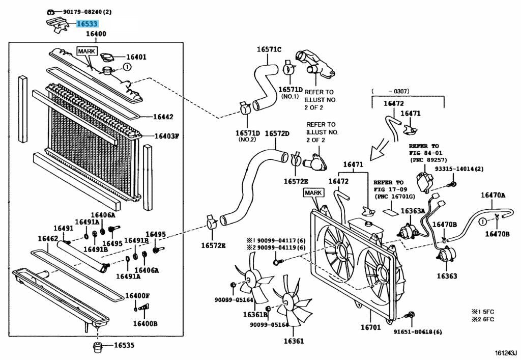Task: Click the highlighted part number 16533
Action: point(87,23)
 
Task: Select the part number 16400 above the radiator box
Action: point(96,34)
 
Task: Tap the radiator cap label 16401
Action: point(136,57)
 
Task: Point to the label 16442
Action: point(163,117)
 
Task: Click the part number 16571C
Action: point(269,49)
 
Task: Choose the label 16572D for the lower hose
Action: point(277,133)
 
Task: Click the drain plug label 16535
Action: point(124,345)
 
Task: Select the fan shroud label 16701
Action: point(370,327)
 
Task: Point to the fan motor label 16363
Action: point(446,276)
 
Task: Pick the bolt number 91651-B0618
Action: point(417,332)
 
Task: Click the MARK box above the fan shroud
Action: point(314,193)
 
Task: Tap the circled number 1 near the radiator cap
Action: point(127,67)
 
